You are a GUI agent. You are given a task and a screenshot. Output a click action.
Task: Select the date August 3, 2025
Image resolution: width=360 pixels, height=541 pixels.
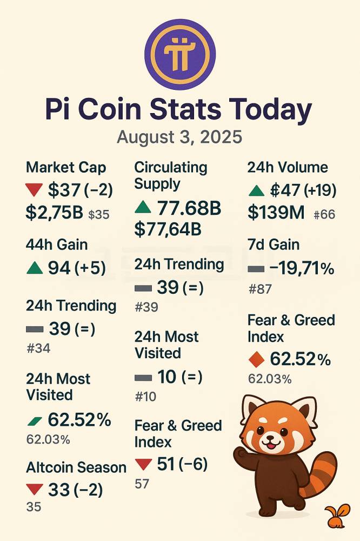(179, 137)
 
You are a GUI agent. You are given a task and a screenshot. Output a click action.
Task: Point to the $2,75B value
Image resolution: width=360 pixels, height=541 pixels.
(54, 213)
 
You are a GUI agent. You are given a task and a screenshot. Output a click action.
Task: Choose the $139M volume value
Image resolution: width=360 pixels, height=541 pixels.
(276, 213)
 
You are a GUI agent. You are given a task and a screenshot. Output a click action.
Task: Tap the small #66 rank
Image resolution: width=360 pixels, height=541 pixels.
(324, 215)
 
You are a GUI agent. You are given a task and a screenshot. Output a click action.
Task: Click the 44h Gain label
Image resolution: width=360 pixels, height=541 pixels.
(57, 245)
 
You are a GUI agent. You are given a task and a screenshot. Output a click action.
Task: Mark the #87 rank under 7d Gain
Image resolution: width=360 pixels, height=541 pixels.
(259, 289)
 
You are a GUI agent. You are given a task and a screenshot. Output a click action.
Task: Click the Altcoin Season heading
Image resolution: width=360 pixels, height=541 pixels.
(76, 467)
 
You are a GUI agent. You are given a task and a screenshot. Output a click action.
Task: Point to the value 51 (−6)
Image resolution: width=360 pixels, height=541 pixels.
(182, 464)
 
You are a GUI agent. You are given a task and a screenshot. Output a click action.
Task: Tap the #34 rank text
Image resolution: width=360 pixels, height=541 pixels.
(38, 348)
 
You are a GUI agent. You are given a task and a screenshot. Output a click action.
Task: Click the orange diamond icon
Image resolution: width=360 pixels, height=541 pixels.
(256, 359)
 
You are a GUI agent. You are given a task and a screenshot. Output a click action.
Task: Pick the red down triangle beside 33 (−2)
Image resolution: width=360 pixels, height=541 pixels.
(35, 490)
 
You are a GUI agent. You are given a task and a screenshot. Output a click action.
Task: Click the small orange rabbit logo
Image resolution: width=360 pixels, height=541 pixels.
(335, 517)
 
